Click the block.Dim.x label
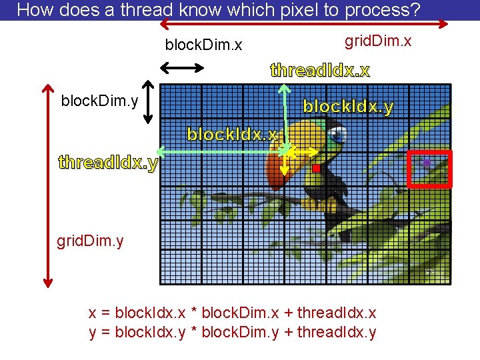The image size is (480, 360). [x=203, y=45]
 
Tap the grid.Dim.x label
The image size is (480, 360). [x=377, y=41]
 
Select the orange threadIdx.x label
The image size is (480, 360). [x=320, y=70]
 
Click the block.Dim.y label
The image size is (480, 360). [x=99, y=101]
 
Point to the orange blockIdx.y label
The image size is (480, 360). [x=348, y=107]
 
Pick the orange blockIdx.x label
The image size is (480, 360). [x=232, y=135]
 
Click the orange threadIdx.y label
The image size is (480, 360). [x=108, y=162]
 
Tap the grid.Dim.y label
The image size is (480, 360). [x=90, y=240]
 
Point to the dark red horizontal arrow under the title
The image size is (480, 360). [x=303, y=24]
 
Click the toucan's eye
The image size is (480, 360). [x=337, y=135]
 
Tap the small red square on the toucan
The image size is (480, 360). [x=316, y=169]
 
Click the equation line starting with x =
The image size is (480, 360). [x=232, y=313]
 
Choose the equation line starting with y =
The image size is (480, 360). [x=232, y=332]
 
